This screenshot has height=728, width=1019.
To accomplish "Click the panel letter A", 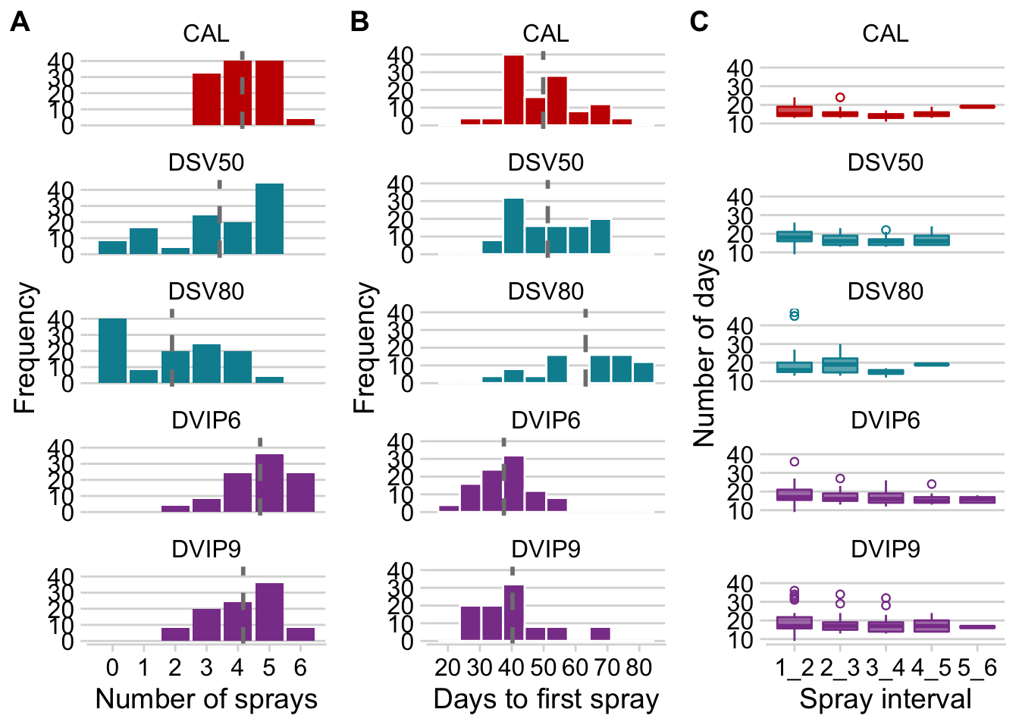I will point(20,22).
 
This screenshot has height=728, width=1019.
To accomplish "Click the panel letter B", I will point(359,22).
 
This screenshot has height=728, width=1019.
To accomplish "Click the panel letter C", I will point(699,22).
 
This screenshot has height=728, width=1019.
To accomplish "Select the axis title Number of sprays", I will point(206,699).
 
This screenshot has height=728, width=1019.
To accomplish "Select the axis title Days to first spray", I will point(546,699).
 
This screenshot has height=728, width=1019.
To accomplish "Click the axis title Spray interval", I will point(886,699).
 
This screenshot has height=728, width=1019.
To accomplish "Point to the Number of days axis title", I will point(704,347).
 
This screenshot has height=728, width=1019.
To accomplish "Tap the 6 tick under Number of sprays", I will point(300,667).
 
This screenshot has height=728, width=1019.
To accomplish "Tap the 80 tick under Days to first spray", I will point(639,667).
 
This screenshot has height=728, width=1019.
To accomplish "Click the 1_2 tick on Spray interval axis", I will point(795,667).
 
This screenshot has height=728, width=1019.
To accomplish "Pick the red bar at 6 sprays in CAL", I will point(300,122).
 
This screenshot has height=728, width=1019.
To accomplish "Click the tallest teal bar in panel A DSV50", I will point(269,219).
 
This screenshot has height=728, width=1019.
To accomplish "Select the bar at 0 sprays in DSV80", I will point(113,351).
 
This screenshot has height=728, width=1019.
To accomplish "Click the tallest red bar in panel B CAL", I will point(514,89).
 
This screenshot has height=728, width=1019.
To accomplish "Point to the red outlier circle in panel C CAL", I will point(840,97).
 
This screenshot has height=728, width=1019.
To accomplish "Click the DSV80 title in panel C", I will point(886,291).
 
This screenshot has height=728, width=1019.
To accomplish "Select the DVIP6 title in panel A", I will point(206,420).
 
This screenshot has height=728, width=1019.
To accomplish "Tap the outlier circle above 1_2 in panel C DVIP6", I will point(795,462).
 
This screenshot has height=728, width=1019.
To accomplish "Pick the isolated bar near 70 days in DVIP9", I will point(600,634).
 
